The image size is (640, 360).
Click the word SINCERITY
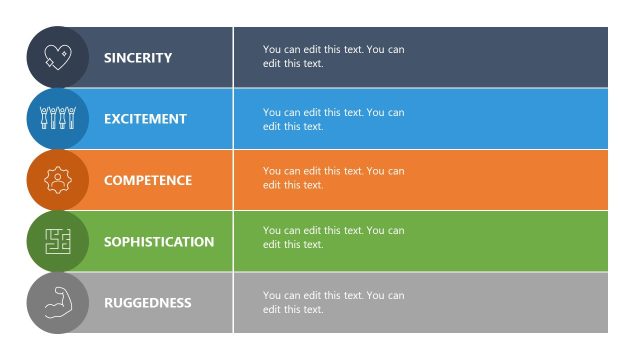click(138, 58)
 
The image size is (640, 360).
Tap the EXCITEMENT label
click(145, 119)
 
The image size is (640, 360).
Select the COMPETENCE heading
click(148, 181)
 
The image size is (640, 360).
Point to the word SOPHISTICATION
click(159, 242)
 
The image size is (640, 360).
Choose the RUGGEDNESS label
click(147, 303)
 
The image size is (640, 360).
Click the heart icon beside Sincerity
click(58, 58)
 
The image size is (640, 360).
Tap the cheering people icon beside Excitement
click(58, 119)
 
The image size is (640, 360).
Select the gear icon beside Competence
click(58, 181)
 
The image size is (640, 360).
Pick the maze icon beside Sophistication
click(58, 242)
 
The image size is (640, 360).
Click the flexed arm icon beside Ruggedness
click(58, 303)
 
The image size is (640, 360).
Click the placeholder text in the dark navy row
click(333, 57)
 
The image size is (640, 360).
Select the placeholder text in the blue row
click(333, 119)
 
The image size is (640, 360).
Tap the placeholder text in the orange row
click(333, 178)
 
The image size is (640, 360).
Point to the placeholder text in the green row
click(333, 237)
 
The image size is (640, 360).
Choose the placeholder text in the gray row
click(333, 302)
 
